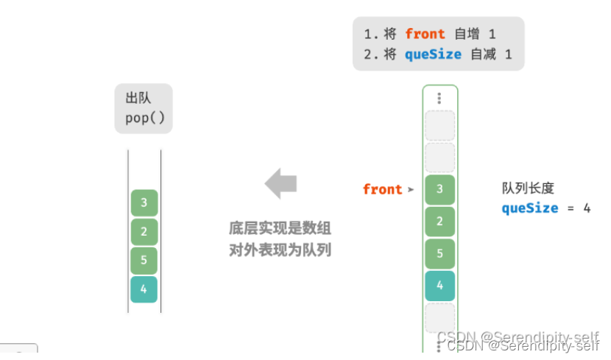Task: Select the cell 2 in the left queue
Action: coord(144,232)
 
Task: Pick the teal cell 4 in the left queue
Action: coord(144,289)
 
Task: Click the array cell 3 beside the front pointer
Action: coord(439,189)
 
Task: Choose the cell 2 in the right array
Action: coord(439,221)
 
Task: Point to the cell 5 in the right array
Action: coord(439,253)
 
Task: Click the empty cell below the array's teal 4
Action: coord(439,317)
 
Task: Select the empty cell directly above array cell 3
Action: coord(439,158)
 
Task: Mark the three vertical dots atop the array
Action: coord(439,98)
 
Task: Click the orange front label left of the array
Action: coord(382,189)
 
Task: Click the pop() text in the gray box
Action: coord(144,118)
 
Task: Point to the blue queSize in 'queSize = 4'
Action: coord(530,208)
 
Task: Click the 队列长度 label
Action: coord(528,188)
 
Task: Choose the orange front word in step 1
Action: coord(425,34)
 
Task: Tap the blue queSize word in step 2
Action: coord(433,54)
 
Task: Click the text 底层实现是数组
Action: coord(280,229)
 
